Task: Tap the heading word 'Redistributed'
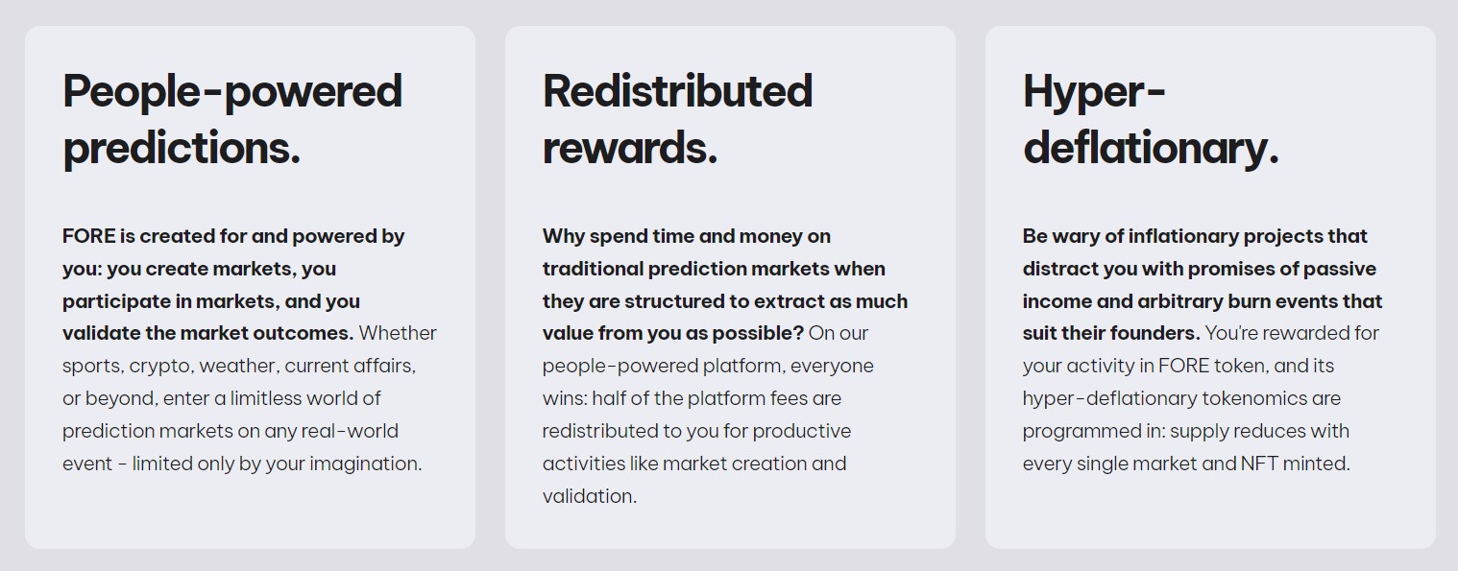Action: pos(677,91)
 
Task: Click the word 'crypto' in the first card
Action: pos(160,367)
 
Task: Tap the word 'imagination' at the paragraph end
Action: pos(366,464)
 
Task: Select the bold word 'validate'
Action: pos(101,333)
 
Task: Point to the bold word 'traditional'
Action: pos(593,269)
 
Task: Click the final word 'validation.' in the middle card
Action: pos(590,496)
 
